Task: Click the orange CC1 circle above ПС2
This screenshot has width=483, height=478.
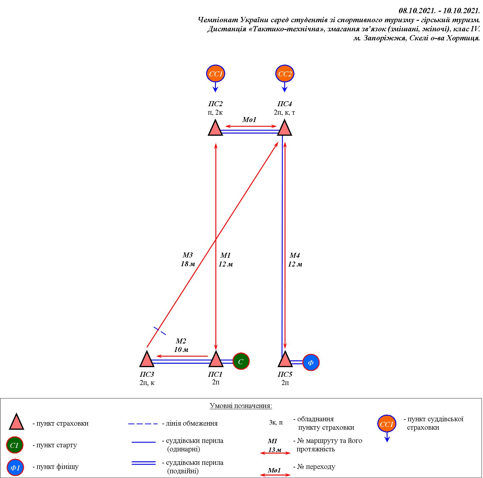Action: pos(216,74)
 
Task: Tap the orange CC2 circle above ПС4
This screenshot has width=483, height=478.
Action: pos(285,74)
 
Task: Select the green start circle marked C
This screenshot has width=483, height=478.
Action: pos(241,362)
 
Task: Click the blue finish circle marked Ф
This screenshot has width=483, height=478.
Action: pos(311,362)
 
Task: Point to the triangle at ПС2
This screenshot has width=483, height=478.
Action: pos(216,129)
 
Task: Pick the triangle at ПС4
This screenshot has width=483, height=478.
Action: pos(284,128)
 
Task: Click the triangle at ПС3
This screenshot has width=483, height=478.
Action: pos(147,360)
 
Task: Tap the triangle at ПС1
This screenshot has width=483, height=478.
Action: pos(216,360)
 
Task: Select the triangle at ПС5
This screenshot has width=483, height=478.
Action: pos(285,360)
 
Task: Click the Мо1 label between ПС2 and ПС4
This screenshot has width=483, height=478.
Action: pos(249,120)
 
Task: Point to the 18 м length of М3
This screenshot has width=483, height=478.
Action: pos(188,264)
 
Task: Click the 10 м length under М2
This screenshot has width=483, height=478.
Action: pos(181,350)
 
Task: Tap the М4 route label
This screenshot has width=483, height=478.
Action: pos(295,255)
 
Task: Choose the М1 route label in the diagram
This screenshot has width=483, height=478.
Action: pos(226,255)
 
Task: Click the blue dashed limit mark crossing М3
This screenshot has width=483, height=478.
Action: pos(160,331)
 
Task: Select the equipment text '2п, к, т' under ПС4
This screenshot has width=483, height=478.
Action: pos(284,113)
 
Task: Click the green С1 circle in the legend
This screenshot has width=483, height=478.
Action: pos(15,446)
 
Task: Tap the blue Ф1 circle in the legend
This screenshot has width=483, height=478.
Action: pos(15,467)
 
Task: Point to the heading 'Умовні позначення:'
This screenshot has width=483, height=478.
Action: pos(241,406)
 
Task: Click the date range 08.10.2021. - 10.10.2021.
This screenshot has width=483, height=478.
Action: pos(439,11)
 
